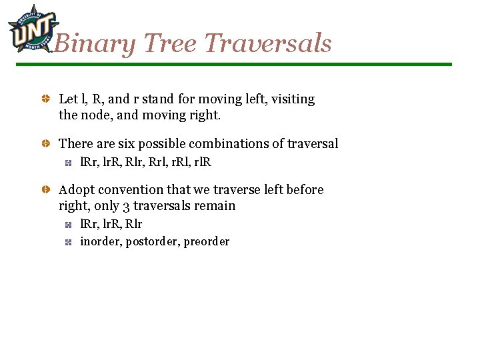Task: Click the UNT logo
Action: tap(29, 29)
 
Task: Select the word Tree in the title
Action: tap(169, 44)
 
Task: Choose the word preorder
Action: tap(206, 241)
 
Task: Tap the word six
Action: tap(127, 143)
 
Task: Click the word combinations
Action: tap(230, 143)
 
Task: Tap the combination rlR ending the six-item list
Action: tap(202, 161)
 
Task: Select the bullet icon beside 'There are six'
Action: tap(45, 144)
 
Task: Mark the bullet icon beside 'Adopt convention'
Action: tap(45, 190)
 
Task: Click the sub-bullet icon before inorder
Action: tap(68, 242)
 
